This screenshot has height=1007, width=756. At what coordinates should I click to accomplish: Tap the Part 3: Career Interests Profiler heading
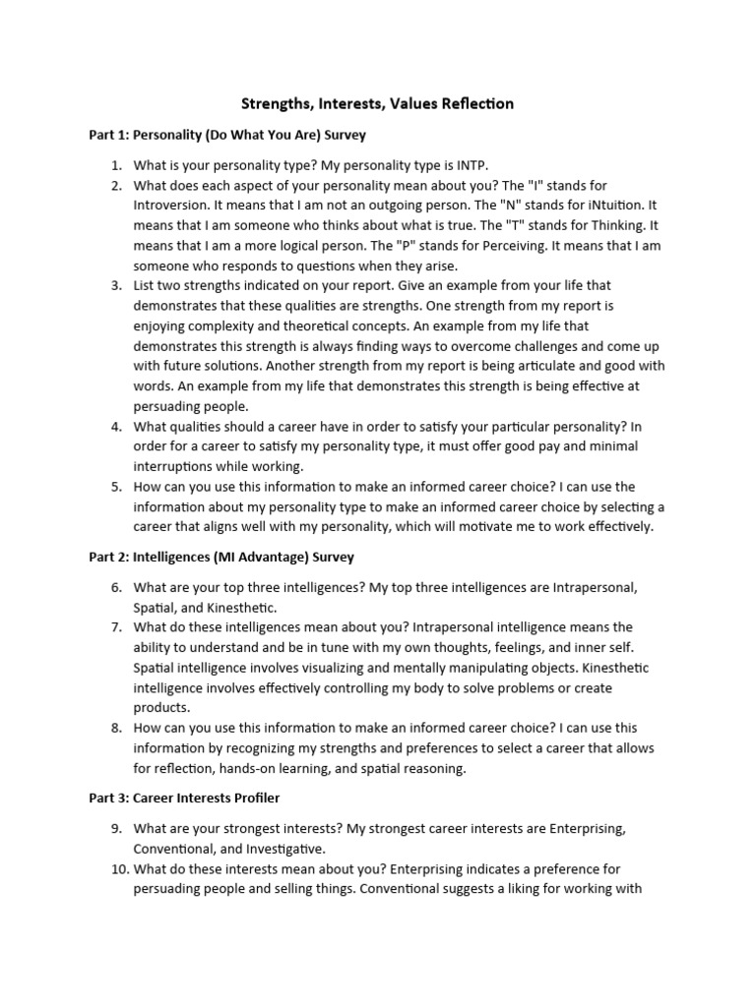coord(185,799)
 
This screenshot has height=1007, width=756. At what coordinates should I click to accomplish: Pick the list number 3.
coord(116,285)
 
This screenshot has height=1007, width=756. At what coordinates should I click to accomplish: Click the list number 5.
coord(116,487)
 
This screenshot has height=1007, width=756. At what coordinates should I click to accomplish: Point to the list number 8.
coord(116,728)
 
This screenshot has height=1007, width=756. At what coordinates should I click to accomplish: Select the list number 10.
coord(113,869)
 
